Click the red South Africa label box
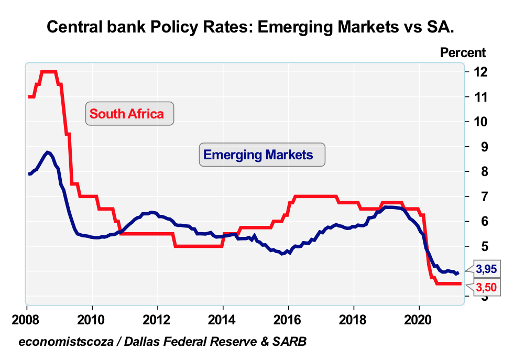[129, 113]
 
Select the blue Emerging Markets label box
[262, 155]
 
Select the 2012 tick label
[157, 319]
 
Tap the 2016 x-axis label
[288, 319]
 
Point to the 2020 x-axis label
[419, 319]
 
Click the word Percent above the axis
[463, 52]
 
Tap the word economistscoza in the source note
[59, 342]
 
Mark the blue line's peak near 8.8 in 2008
[48, 152]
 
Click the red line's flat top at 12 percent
[48, 71]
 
